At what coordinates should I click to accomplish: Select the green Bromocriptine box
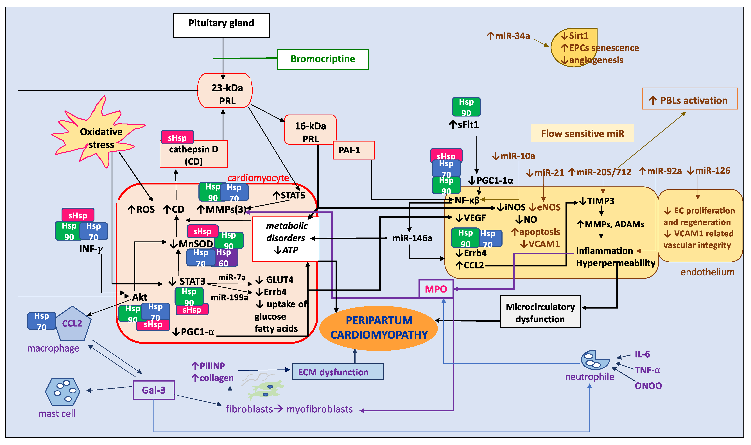click(x=323, y=59)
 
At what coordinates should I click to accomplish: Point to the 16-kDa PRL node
click(x=310, y=129)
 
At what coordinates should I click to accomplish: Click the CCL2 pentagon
click(x=73, y=324)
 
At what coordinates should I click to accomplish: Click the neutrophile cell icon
click(x=594, y=360)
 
